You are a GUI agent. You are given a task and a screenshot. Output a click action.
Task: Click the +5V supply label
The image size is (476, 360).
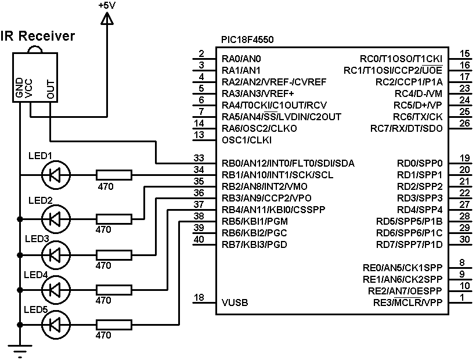pyautogui.click(x=107, y=5)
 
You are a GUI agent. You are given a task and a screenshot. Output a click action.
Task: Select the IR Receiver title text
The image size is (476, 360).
pyautogui.click(x=38, y=36)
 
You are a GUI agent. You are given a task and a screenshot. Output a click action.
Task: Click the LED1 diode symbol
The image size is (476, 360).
pyautogui.click(x=55, y=174)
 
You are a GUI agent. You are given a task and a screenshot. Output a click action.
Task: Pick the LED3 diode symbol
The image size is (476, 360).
pyautogui.click(x=55, y=254)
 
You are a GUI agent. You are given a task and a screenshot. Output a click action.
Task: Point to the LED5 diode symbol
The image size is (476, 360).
pyautogui.click(x=55, y=323)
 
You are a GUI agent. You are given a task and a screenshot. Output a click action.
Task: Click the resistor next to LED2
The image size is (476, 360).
pyautogui.click(x=114, y=219)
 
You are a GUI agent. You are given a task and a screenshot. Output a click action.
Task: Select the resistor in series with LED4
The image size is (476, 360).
pyautogui.click(x=114, y=289)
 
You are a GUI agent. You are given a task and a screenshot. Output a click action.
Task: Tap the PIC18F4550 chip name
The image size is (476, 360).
pyautogui.click(x=247, y=39)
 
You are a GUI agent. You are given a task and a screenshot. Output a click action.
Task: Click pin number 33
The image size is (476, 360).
pyautogui.click(x=199, y=158)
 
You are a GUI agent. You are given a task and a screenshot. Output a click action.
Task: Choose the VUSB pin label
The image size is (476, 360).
pyautogui.click(x=235, y=303)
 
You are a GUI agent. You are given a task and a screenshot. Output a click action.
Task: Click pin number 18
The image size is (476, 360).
pyautogui.click(x=199, y=297)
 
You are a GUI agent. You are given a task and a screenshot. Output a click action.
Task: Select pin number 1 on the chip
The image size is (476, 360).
pyautogui.click(x=461, y=297)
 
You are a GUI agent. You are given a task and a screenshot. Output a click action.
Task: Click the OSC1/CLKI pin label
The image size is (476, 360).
pyautogui.click(x=247, y=140)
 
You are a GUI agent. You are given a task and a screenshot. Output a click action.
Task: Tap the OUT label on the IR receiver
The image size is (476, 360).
pyautogui.click(x=51, y=90)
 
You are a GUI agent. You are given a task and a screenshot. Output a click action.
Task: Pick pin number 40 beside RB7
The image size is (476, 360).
pyautogui.click(x=199, y=239)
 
